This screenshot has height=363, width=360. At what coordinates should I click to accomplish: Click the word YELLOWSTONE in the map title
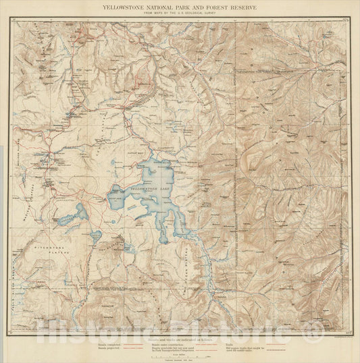[x=127, y=7]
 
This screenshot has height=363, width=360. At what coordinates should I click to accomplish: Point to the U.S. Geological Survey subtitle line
[x=180, y=13]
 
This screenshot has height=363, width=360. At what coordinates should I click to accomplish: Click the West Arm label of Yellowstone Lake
[x=115, y=198]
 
